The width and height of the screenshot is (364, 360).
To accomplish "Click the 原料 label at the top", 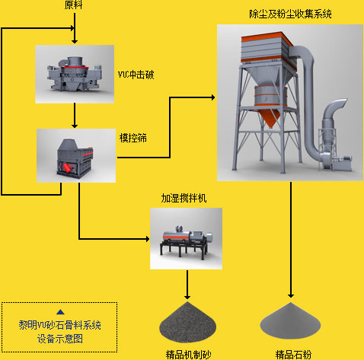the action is [x=73, y=5].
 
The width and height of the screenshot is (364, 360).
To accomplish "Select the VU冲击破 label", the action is [x=136, y=75].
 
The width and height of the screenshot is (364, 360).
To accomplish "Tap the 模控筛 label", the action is [x=133, y=138].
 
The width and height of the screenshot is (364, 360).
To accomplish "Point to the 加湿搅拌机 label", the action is [x=184, y=198].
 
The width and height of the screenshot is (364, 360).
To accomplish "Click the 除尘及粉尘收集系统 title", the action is [x=290, y=14].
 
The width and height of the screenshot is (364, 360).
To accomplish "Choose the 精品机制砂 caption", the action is [x=188, y=355].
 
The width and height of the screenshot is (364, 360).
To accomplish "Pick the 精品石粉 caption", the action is [x=293, y=355].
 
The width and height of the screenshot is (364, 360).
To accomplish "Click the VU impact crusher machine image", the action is [x=75, y=74].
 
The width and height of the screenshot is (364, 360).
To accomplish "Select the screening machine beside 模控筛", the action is [x=75, y=158].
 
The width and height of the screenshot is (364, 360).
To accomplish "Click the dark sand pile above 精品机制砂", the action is [x=187, y=322].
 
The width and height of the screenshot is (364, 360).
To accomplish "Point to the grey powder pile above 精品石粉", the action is [x=291, y=320].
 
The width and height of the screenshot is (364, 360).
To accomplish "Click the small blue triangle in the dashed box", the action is [x=60, y=312].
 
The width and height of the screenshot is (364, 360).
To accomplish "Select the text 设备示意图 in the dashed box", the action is [x=60, y=339].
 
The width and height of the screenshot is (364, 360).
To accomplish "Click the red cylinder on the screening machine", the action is [x=67, y=168].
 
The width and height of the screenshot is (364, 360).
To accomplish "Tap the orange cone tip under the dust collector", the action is [x=271, y=127].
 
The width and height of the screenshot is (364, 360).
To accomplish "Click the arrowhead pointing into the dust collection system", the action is [x=212, y=97].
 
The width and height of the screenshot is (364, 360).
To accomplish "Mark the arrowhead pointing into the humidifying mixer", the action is [x=148, y=239].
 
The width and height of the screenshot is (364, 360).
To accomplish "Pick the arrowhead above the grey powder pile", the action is [x=291, y=295].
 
